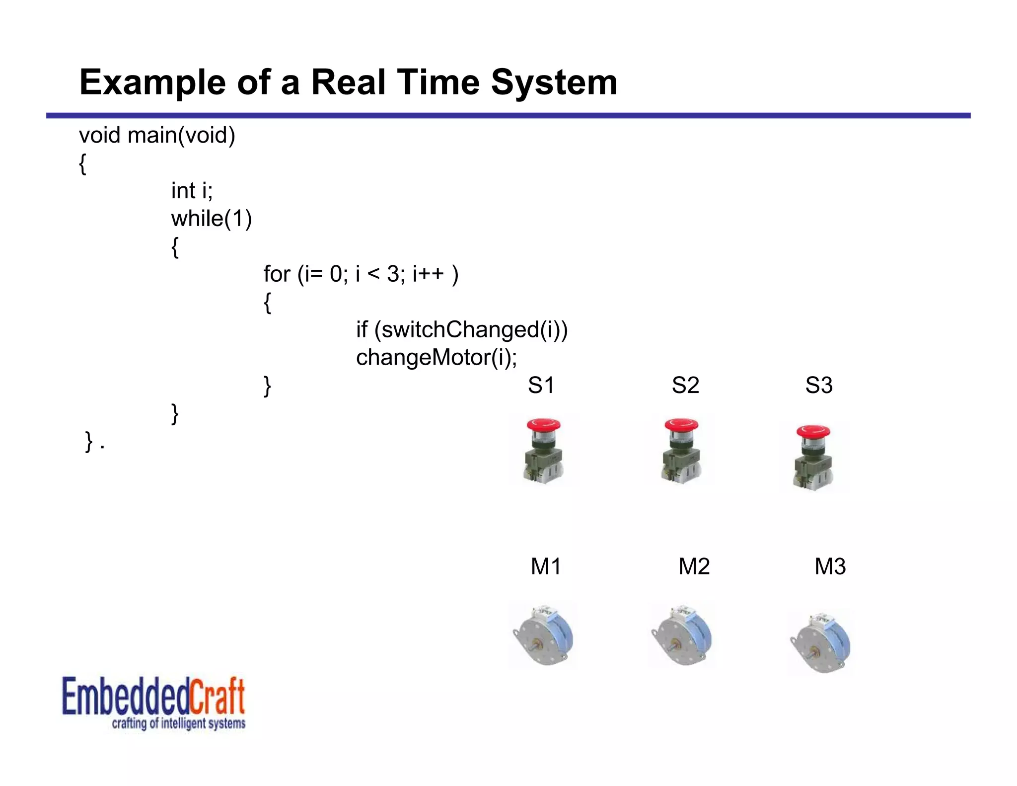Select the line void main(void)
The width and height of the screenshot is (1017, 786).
[157, 135]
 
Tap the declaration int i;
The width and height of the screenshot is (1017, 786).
[192, 191]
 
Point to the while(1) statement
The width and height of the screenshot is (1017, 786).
[212, 219]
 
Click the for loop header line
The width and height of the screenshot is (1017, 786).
[361, 274]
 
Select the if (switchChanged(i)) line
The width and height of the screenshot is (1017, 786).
[461, 329]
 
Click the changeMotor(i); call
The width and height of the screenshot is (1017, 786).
[436, 357]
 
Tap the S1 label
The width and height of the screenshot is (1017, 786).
[541, 385]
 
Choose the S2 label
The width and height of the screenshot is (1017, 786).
[685, 385]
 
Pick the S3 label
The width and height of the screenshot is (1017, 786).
[819, 385]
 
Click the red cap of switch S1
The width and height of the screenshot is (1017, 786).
[543, 425]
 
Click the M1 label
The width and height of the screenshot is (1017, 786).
[546, 566]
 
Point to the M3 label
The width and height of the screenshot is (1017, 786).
[830, 566]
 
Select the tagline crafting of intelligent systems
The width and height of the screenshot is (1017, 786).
[179, 723]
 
